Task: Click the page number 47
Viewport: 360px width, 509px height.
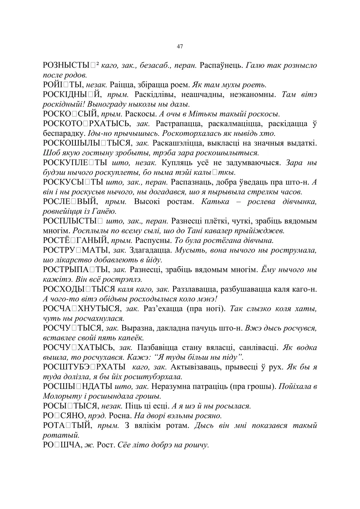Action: click(180, 47)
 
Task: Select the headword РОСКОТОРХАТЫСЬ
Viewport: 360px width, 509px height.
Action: click(87, 124)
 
